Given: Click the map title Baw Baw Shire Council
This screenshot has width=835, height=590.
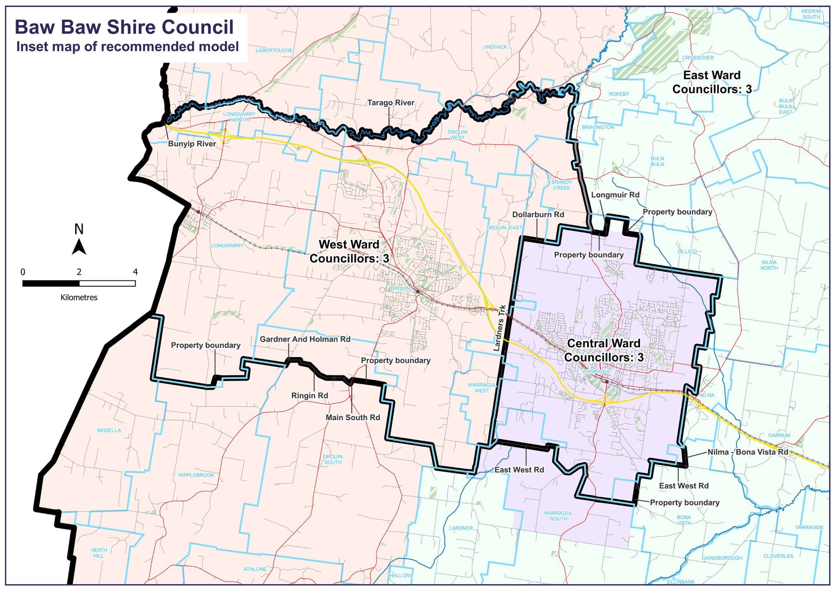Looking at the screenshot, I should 124,27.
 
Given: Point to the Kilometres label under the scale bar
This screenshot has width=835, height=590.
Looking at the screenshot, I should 79,298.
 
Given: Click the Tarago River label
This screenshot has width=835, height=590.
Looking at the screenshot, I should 391,103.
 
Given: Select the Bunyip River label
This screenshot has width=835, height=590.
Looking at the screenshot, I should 192,144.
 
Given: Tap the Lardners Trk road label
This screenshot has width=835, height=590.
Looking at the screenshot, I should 500,328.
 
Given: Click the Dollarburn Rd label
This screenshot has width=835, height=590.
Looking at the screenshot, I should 538,214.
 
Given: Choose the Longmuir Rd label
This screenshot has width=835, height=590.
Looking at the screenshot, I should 615,195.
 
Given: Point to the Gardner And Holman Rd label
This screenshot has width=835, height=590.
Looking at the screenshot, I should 305,339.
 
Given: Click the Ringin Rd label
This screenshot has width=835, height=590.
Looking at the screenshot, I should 309,396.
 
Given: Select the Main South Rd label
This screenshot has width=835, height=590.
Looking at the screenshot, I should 353,417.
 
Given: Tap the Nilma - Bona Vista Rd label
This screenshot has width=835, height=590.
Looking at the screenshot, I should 748,452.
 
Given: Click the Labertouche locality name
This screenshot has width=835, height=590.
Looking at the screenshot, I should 274,50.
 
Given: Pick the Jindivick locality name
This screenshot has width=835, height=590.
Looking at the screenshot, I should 495,47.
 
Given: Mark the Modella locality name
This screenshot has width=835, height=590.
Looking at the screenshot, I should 109,431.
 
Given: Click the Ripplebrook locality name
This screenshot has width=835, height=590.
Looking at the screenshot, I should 196,475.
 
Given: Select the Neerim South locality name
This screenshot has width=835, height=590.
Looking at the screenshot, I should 811,14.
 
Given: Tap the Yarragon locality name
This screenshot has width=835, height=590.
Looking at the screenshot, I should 809,527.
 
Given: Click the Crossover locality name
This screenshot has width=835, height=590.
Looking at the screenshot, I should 698,58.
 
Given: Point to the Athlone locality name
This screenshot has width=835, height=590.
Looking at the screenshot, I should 255,569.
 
